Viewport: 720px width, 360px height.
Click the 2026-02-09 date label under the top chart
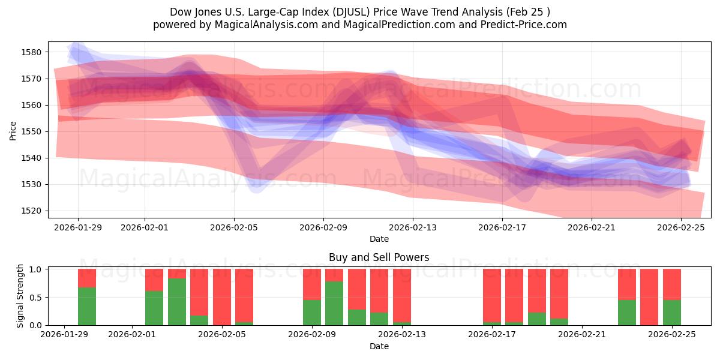tap(323, 228)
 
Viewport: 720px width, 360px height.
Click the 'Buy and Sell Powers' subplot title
tap(379, 257)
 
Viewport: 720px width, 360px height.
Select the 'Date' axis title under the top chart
tap(379, 239)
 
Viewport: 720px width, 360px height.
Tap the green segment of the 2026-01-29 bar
tap(87, 306)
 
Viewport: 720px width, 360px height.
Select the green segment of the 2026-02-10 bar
tap(334, 303)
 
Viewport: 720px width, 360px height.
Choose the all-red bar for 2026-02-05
tap(222, 297)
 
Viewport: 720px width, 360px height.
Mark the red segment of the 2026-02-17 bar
tap(492, 294)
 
